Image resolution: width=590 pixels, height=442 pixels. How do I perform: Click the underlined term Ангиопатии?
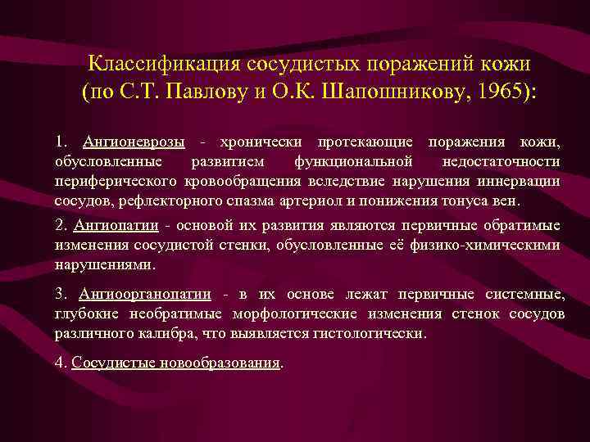(116, 226)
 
